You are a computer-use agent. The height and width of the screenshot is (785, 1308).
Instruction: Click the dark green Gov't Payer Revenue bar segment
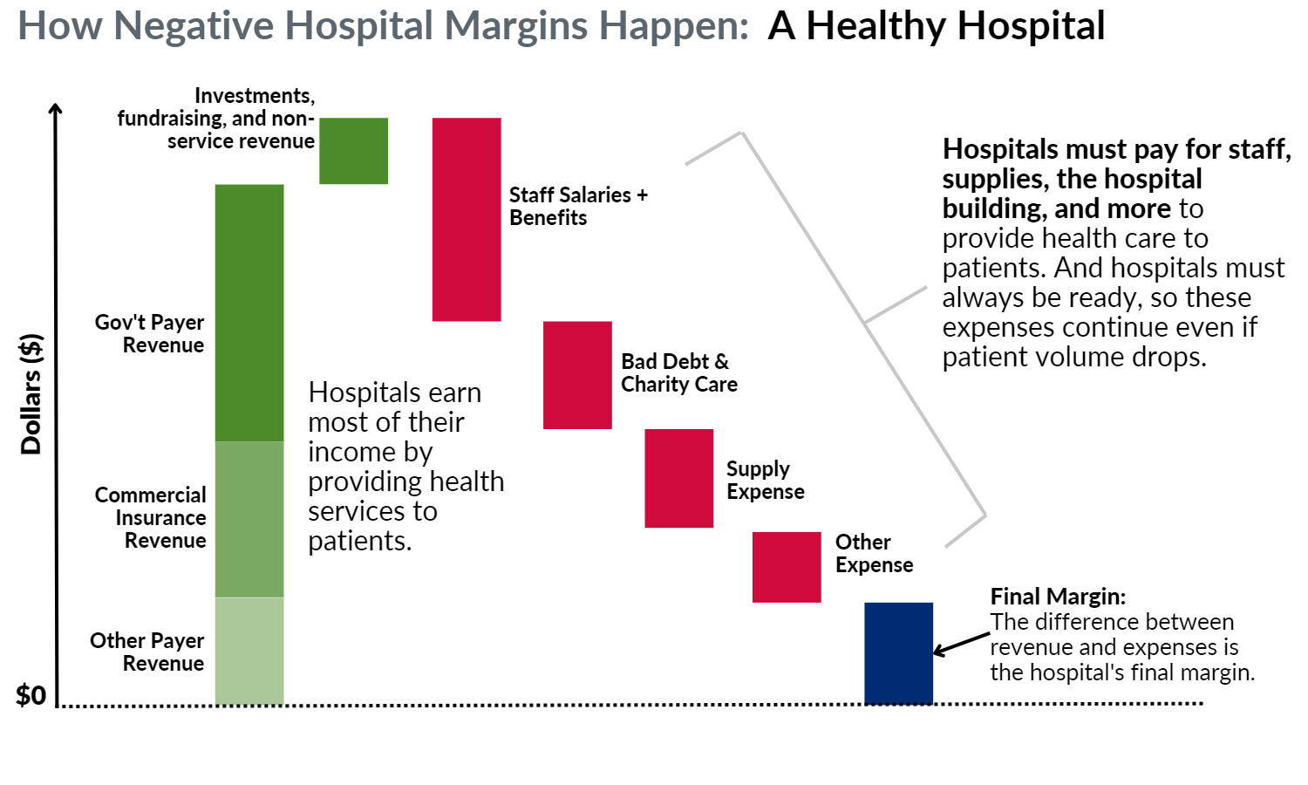click(x=249, y=313)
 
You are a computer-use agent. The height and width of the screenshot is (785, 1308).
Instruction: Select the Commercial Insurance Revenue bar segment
click(x=249, y=519)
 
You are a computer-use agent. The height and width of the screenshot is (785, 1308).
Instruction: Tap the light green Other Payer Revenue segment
click(x=249, y=651)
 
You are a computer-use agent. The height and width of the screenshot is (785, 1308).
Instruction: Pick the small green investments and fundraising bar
click(x=353, y=151)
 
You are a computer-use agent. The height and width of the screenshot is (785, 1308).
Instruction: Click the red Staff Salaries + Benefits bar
click(x=467, y=220)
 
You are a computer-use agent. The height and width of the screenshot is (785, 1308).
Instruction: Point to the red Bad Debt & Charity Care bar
click(x=577, y=375)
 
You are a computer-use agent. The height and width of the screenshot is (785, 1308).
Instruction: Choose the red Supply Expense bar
click(x=679, y=478)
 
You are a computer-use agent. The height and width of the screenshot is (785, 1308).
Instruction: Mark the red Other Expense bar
click(x=787, y=567)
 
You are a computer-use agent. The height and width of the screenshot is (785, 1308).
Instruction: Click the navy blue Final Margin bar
click(x=899, y=653)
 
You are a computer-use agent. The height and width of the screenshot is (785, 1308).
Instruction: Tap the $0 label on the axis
click(x=31, y=696)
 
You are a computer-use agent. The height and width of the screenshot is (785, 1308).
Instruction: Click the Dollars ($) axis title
click(x=31, y=394)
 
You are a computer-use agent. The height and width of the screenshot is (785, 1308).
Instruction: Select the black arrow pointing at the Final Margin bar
click(x=962, y=644)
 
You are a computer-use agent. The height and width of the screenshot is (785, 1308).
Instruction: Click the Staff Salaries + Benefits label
click(x=579, y=206)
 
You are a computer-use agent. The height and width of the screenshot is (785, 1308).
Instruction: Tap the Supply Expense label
click(x=766, y=480)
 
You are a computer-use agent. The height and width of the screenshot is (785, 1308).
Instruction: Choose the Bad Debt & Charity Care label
click(x=679, y=372)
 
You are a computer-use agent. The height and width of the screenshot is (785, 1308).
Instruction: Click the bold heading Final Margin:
click(x=1058, y=597)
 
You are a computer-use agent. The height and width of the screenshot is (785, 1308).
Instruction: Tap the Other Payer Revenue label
click(x=147, y=652)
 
